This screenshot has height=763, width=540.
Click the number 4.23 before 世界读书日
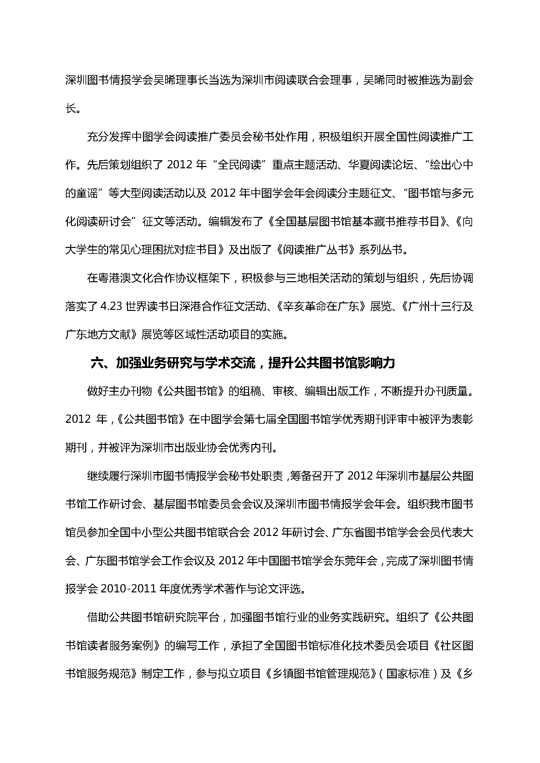coord(111,306)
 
